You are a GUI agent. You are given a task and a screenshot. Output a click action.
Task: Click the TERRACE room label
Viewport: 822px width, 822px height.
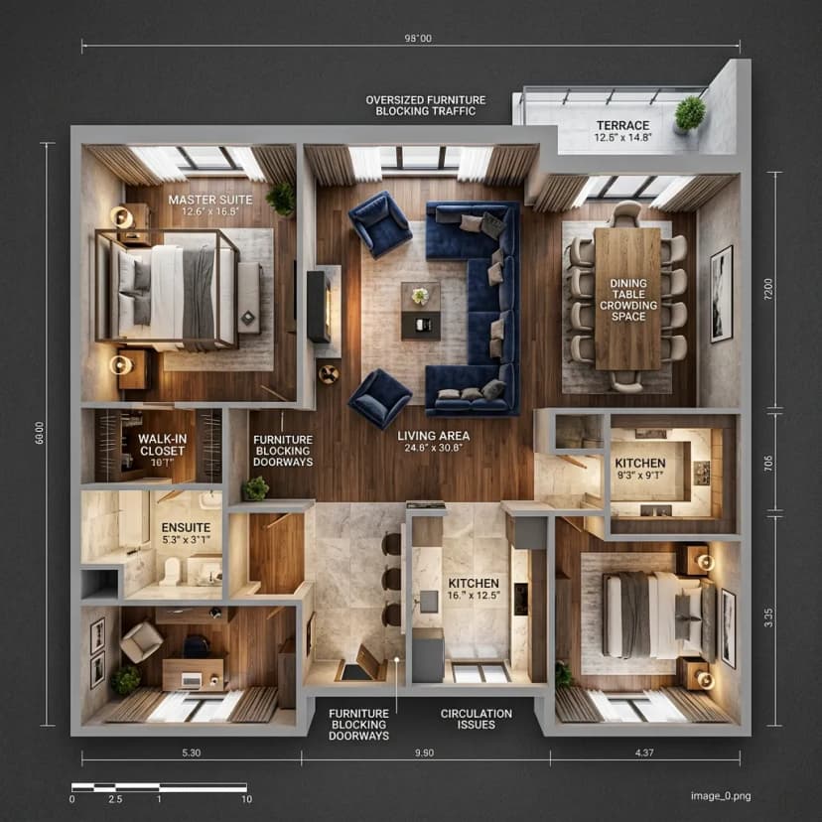[x=622, y=125]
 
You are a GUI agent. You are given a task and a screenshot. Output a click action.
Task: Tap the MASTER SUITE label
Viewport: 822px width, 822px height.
[x=210, y=200]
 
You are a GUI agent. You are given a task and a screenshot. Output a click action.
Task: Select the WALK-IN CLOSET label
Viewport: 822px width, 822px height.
[x=162, y=445]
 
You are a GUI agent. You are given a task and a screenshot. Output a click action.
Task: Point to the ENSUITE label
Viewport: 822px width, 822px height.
[x=186, y=527]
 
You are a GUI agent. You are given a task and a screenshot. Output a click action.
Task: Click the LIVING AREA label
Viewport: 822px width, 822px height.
[x=434, y=436]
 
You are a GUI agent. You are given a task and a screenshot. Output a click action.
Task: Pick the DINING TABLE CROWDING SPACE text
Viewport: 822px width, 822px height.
[x=628, y=300]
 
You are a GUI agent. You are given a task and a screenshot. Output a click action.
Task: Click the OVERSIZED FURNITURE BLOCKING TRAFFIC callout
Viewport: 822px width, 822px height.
[x=426, y=105]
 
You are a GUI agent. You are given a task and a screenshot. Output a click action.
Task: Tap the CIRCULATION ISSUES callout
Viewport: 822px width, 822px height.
[x=477, y=719]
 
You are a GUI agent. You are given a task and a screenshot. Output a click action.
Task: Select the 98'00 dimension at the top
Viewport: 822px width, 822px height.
[x=418, y=39]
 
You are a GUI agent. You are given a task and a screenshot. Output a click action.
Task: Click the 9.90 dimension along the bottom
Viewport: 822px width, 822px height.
[x=425, y=753]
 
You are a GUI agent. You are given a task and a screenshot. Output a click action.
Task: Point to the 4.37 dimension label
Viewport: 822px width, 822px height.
[x=644, y=753]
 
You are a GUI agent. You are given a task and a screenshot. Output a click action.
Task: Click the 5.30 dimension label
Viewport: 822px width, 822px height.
[x=192, y=753]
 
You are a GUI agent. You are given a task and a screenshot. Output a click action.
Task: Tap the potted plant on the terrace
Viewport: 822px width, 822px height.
[x=689, y=114]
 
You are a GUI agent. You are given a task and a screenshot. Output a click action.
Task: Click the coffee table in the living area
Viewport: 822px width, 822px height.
[x=421, y=311]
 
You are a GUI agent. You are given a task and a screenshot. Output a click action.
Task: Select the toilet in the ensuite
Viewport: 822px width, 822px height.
[x=171, y=571]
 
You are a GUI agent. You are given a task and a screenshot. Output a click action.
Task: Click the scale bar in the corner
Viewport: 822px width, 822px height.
[x=160, y=787]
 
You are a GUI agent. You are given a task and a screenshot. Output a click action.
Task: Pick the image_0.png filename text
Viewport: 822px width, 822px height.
[x=721, y=796]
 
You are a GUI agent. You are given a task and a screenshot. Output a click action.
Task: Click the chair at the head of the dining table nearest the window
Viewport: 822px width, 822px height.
[x=627, y=213]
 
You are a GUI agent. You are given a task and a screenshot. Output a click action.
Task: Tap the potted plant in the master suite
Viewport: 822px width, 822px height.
[x=282, y=199]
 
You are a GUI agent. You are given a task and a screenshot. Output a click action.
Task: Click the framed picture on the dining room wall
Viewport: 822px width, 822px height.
[x=722, y=294]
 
